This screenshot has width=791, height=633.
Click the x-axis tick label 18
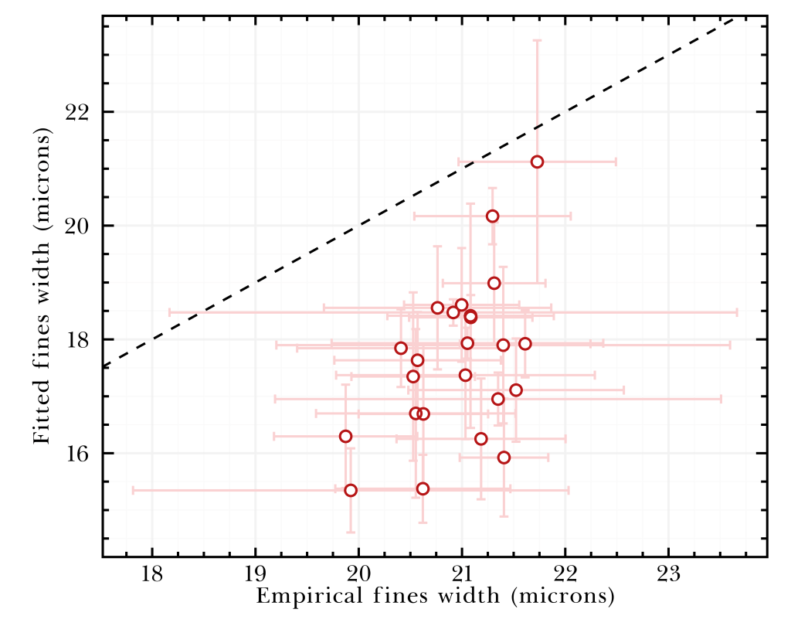click(152, 576)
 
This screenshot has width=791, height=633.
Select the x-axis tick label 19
click(256, 576)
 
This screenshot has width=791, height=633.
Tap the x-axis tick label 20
click(358, 576)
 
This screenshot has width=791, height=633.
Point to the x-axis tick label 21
click(462, 576)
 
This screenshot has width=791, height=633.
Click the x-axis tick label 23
click(668, 576)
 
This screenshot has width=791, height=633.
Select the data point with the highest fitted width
click(537, 162)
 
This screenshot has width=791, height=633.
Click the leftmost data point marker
click(345, 436)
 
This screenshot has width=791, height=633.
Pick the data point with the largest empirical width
click(537, 162)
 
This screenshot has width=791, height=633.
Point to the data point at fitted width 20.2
click(492, 216)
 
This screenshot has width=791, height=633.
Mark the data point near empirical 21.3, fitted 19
click(494, 283)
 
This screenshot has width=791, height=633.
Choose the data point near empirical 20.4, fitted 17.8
click(400, 348)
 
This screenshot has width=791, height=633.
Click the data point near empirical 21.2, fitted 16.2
click(480, 438)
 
